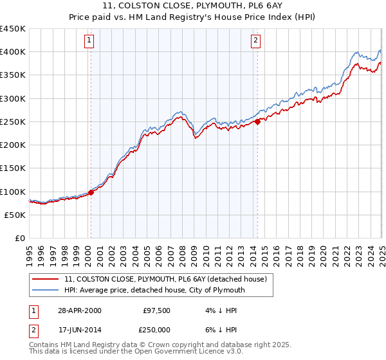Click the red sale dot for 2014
(257, 121)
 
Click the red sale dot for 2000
(91, 192)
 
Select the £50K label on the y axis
(15, 215)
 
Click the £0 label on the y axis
(19, 238)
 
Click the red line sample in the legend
(47, 279)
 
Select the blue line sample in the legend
(47, 290)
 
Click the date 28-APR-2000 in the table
(79, 310)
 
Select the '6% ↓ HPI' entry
(219, 328)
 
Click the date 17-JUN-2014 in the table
(79, 328)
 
